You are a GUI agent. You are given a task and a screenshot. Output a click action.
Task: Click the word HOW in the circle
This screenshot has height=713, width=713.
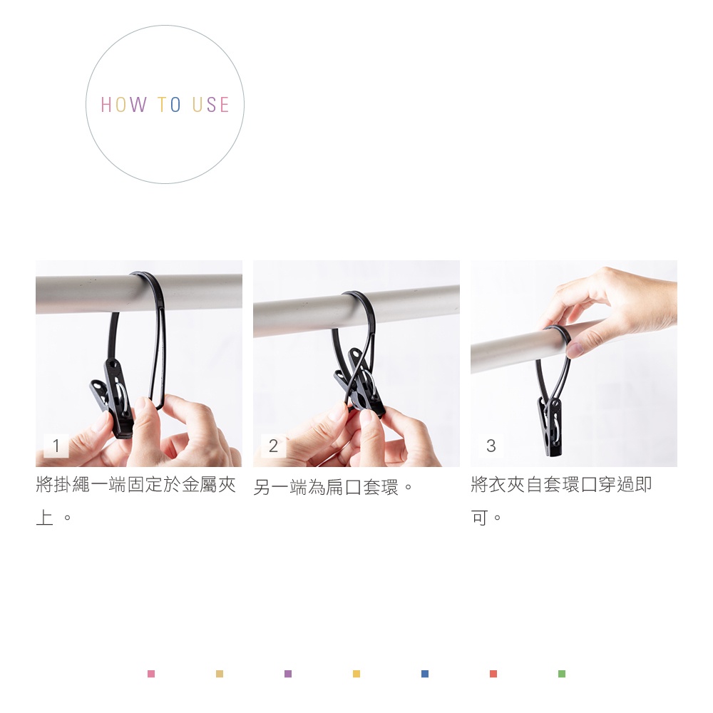click(123, 105)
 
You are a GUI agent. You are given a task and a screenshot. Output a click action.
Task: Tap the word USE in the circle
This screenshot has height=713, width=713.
click(210, 105)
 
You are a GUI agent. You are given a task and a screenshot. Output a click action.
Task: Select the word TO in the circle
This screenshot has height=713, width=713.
click(169, 105)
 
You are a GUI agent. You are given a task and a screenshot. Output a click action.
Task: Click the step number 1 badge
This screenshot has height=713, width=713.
click(56, 446)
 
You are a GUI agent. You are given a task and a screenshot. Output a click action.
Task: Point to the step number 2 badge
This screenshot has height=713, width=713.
click(273, 446)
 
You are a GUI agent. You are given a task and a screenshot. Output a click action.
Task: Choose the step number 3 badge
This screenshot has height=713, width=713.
click(491, 446)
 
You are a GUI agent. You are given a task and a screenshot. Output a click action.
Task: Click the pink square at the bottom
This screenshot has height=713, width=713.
click(151, 674)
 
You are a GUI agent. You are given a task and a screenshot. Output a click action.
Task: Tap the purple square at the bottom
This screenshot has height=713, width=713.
click(288, 674)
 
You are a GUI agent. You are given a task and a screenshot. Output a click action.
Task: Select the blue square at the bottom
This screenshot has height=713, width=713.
click(425, 674)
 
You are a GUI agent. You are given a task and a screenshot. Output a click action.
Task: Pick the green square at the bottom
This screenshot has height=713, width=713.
click(562, 674)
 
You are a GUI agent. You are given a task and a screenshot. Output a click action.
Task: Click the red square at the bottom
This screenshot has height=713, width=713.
click(493, 674)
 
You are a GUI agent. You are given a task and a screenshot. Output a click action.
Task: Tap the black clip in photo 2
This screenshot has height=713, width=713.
click(359, 382)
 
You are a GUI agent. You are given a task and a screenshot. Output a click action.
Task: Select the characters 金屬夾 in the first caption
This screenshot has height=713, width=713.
click(209, 485)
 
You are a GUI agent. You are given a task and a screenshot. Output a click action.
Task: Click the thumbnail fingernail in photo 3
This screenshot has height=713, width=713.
click(575, 349)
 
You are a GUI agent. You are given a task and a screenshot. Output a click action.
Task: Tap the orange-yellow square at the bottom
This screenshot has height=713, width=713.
click(356, 674)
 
